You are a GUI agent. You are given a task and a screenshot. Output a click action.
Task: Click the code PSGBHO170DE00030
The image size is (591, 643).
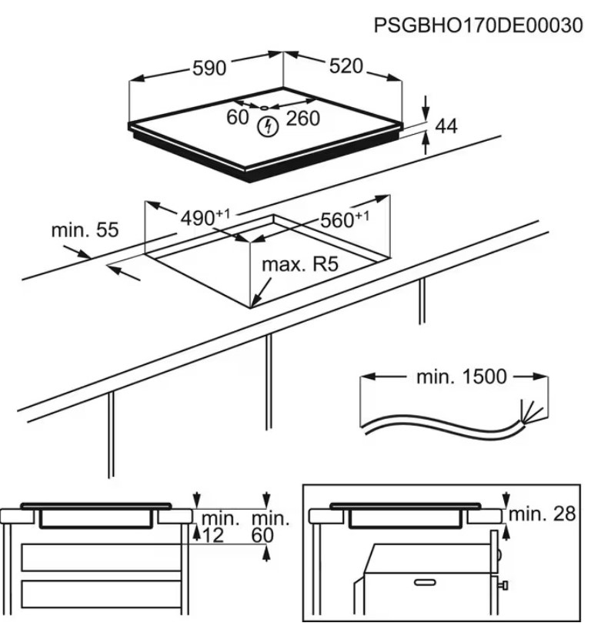click(477, 25)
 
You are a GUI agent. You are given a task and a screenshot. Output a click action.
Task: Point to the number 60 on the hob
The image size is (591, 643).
click(238, 118)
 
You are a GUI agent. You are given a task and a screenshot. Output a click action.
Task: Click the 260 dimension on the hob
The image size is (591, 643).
click(302, 118)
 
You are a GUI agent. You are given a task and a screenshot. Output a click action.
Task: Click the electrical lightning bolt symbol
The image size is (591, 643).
click(268, 126)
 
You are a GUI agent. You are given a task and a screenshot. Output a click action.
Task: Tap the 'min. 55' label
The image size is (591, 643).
click(85, 229)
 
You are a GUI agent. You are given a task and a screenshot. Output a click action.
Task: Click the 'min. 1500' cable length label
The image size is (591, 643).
click(462, 377)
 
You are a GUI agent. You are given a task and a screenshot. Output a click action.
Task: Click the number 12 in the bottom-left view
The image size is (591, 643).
click(213, 536)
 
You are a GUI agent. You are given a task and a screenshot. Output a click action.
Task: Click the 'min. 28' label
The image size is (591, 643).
click(543, 514)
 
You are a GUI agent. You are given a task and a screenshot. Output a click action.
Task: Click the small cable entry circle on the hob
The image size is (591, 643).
click(263, 107)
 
